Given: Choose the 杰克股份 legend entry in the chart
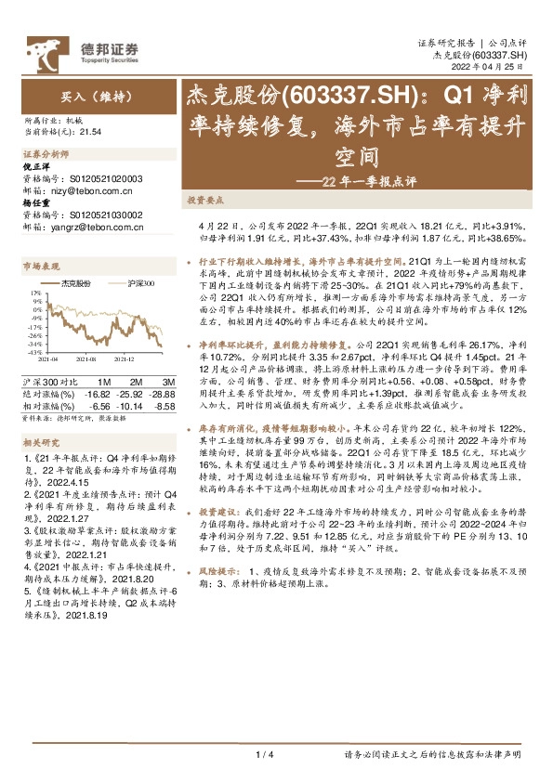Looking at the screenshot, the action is point(76,281).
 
